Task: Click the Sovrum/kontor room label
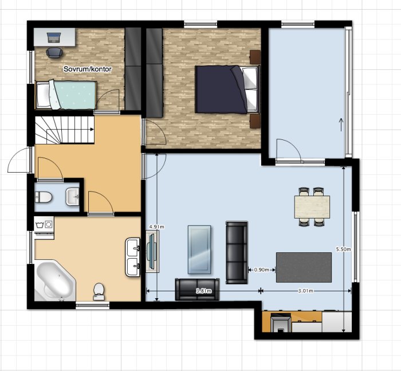(88, 69)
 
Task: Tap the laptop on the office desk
(54, 37)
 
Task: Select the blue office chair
(54, 53)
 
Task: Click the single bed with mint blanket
(66, 95)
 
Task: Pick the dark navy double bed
(226, 89)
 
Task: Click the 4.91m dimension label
(156, 226)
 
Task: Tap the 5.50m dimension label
(343, 249)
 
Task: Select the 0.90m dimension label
(261, 270)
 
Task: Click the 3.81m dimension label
(203, 291)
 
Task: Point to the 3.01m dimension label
(305, 291)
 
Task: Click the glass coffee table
(199, 249)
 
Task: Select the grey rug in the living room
(304, 267)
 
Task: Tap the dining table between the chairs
(312, 207)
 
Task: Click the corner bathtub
(55, 280)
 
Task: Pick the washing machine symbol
(44, 225)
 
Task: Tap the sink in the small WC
(73, 197)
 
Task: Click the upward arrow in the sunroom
(341, 124)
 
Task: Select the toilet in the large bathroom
(99, 291)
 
